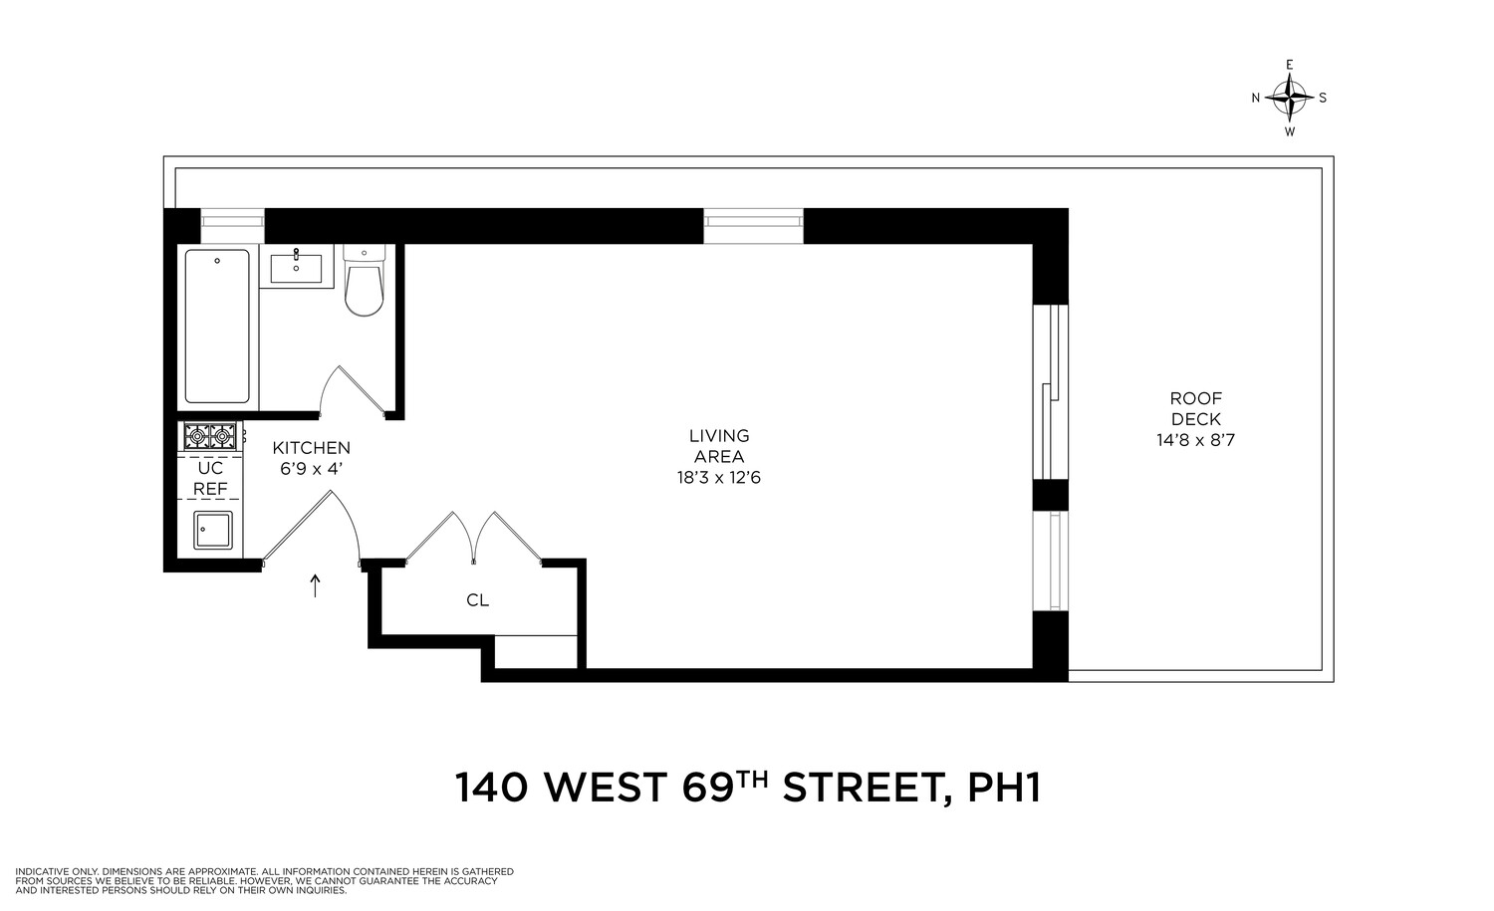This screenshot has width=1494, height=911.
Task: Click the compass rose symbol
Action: pyautogui.click(x=1290, y=98)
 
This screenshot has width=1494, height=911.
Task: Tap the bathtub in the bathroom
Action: pyautogui.click(x=216, y=327)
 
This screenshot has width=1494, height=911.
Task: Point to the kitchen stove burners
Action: pyautogui.click(x=210, y=435)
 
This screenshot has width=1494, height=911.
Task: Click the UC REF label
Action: pyautogui.click(x=210, y=478)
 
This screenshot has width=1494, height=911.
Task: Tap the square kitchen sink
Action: pyautogui.click(x=212, y=530)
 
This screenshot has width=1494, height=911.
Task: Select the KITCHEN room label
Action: pyautogui.click(x=312, y=448)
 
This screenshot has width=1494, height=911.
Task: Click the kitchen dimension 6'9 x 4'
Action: pyautogui.click(x=312, y=468)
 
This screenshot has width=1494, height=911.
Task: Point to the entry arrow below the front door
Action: pyautogui.click(x=316, y=585)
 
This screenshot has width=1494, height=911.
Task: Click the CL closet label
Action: pyautogui.click(x=477, y=600)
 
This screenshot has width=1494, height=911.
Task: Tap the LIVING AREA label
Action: pyautogui.click(x=719, y=446)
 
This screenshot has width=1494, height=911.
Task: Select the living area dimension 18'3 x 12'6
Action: pyautogui.click(x=719, y=478)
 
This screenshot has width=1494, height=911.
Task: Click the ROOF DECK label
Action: pyautogui.click(x=1195, y=409)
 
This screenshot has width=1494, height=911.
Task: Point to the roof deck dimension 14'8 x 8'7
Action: pyautogui.click(x=1195, y=440)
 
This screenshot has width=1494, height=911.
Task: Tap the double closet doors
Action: pyautogui.click(x=474, y=538)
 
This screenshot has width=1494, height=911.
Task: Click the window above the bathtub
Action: pyautogui.click(x=232, y=225)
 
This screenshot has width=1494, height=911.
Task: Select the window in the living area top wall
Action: pyautogui.click(x=753, y=226)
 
